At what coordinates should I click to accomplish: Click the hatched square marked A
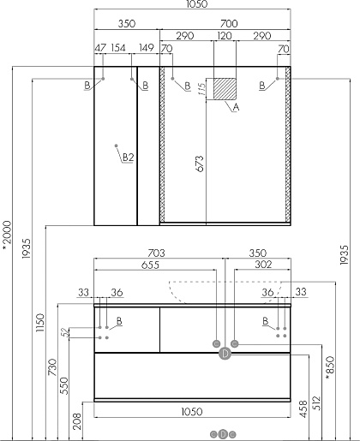pos(225,89)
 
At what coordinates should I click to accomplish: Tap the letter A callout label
pos(236,107)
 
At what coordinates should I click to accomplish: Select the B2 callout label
pos(128,158)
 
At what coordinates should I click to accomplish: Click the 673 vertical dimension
pos(201,164)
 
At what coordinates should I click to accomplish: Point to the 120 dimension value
pos(225,36)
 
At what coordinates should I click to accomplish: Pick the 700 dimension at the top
pos(229,23)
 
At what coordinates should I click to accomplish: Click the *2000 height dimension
pos(7,236)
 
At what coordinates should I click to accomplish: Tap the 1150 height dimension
pos(40,323)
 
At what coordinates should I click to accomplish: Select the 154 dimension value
pos(118,48)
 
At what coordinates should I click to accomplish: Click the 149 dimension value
pos(147,48)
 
